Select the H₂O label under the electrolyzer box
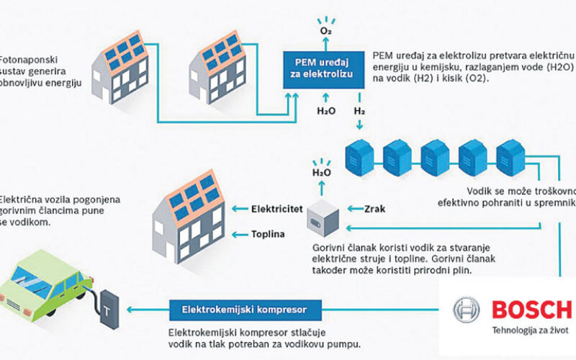325,112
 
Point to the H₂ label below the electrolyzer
358,112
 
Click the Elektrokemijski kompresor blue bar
239,310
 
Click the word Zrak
375,209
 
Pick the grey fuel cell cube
321,216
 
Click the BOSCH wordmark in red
530,310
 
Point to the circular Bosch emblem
467,310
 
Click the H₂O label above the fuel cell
321,173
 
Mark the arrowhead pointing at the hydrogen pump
129,310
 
